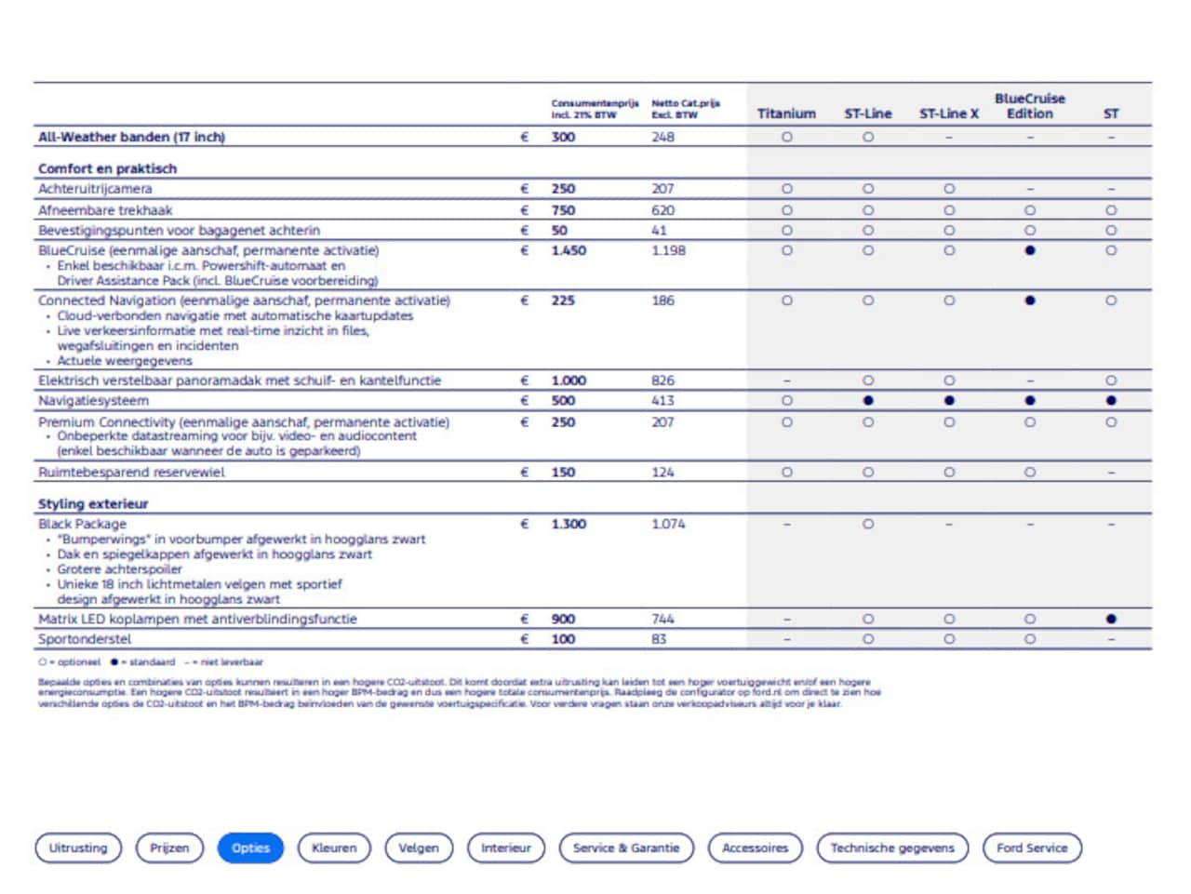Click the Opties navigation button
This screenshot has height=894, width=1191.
[250, 847]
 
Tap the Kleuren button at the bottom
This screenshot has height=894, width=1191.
[334, 847]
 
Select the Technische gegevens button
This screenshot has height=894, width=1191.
[891, 847]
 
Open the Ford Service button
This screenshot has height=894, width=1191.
[1032, 847]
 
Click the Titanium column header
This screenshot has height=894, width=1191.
[786, 113]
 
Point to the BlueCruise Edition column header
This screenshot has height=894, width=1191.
[1029, 106]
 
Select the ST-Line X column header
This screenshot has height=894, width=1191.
[949, 113]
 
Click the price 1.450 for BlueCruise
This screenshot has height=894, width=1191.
[569, 250]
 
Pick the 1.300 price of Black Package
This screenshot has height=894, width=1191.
[569, 524]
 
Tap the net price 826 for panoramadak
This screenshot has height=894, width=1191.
[662, 380]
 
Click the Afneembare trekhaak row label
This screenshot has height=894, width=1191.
[105, 210]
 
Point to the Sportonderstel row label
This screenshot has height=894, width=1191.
[85, 639]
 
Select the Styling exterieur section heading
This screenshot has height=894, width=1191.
[93, 503]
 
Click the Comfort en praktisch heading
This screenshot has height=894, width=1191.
[107, 168]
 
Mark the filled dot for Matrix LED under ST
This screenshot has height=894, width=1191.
[1111, 619]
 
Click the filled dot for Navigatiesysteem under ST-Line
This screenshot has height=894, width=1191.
[868, 401]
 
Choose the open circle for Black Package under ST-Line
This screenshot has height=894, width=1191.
[868, 524]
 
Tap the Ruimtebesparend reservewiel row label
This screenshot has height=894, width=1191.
[131, 473]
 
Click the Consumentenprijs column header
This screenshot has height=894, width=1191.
[595, 108]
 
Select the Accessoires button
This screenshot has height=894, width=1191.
[755, 847]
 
